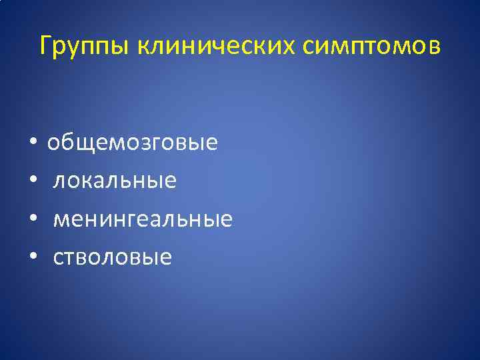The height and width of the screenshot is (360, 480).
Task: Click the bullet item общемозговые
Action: pyautogui.click(x=132, y=143)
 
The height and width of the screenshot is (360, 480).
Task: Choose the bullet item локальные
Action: pyautogui.click(x=115, y=181)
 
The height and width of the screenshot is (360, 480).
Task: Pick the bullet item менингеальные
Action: pyautogui.click(x=143, y=219)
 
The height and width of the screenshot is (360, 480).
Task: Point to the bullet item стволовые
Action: pyautogui.click(x=112, y=257)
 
